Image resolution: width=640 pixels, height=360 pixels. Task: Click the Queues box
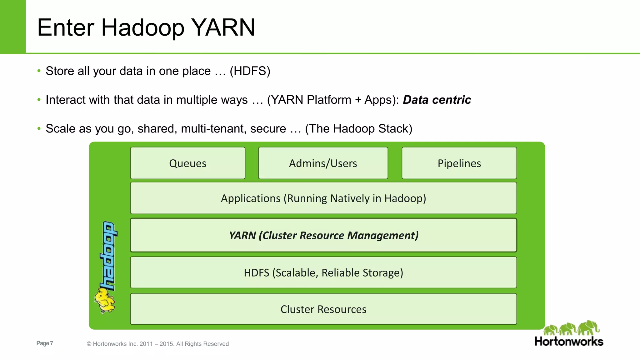(187, 163)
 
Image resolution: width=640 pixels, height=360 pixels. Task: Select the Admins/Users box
(323, 163)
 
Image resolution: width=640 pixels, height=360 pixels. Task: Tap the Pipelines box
(459, 163)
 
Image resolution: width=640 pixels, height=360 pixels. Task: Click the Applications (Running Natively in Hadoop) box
(323, 198)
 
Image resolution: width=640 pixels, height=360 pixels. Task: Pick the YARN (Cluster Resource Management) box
(323, 235)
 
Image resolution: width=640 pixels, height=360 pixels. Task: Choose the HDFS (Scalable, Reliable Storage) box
(323, 272)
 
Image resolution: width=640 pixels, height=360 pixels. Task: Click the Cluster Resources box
(323, 309)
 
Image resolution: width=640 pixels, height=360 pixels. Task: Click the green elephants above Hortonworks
(571, 328)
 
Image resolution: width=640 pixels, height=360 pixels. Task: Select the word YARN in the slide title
(223, 27)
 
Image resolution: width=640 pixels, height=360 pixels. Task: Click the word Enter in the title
(66, 27)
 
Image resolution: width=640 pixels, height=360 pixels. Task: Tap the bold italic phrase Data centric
(437, 100)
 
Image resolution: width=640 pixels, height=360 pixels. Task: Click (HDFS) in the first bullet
(250, 71)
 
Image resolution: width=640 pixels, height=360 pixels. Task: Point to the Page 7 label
(45, 343)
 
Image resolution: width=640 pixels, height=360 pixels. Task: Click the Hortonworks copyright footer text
(157, 344)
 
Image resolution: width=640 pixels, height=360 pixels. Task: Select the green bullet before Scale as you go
(39, 128)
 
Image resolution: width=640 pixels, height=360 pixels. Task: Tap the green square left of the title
(12, 27)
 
